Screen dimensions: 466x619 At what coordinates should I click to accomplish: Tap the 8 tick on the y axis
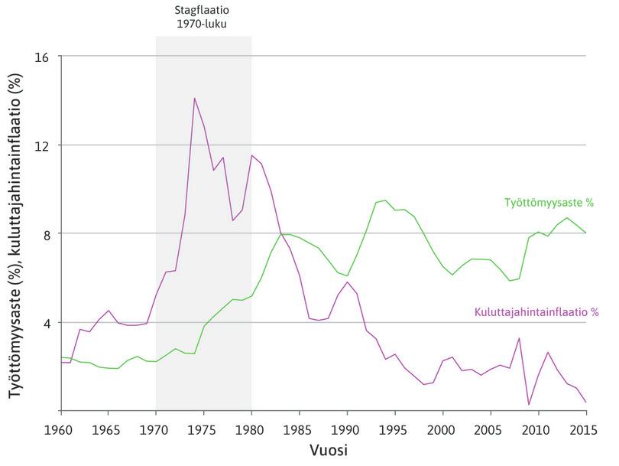pyautogui.click(x=47, y=233)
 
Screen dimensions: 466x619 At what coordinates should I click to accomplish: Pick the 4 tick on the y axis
pyautogui.click(x=47, y=322)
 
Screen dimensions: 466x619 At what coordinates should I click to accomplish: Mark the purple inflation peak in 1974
pyautogui.click(x=194, y=98)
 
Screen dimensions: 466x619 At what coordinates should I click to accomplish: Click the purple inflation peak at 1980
pyautogui.click(x=251, y=155)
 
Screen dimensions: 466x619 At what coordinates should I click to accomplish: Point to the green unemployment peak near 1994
pyautogui.click(x=385, y=200)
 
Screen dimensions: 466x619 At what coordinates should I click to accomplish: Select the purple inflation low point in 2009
pyautogui.click(x=529, y=404)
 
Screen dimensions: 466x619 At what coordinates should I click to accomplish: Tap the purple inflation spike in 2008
pyautogui.click(x=519, y=338)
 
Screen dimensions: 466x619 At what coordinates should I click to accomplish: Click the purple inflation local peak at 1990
pyautogui.click(x=347, y=282)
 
